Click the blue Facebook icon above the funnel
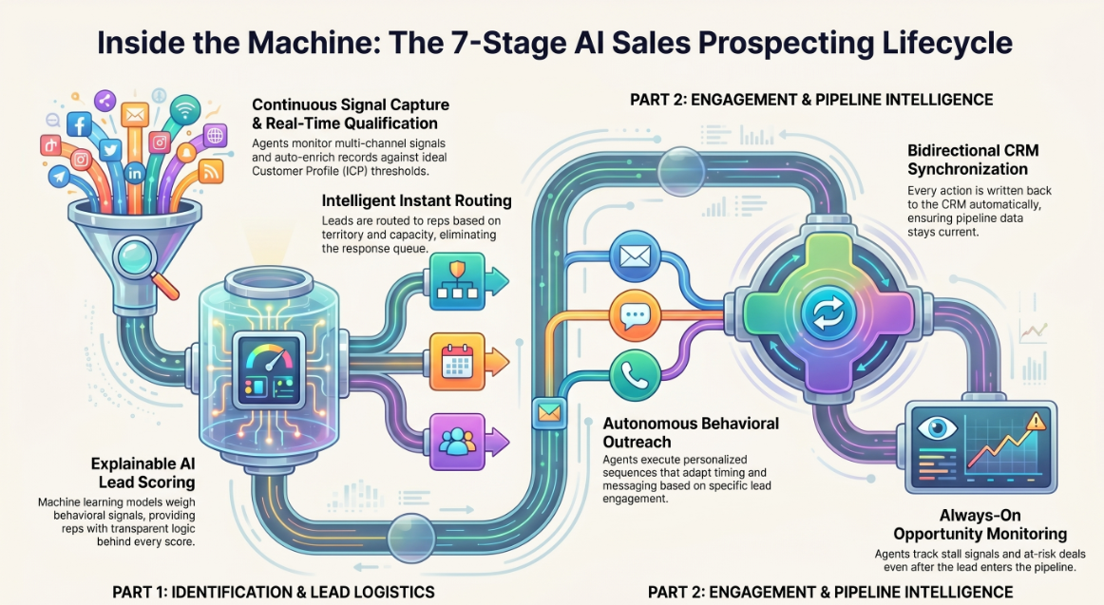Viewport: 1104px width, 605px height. pyautogui.click(x=80, y=125)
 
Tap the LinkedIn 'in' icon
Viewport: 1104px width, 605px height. pyautogui.click(x=134, y=172)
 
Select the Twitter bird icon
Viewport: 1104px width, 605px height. pyautogui.click(x=109, y=150)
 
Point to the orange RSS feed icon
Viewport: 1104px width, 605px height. pyautogui.click(x=210, y=171)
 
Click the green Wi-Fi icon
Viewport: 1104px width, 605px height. pyautogui.click(x=185, y=110)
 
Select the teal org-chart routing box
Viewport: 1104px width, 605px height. pyautogui.click(x=458, y=281)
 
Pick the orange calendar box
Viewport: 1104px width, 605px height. pyautogui.click(x=458, y=362)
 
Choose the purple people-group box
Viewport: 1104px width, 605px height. pyautogui.click(x=458, y=442)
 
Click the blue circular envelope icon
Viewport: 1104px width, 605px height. pyautogui.click(x=635, y=256)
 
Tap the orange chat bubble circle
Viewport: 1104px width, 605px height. pyautogui.click(x=635, y=316)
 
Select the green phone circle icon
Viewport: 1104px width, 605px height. pyautogui.click(x=635, y=376)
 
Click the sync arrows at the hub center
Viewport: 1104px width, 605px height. pyautogui.click(x=828, y=313)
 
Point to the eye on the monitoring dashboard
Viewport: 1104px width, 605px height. pyautogui.click(x=937, y=428)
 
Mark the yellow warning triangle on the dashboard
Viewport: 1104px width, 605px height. pyautogui.click(x=1036, y=422)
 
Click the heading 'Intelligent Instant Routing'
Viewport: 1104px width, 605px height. pyautogui.click(x=417, y=200)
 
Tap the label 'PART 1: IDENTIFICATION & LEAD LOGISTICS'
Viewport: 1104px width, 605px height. pyautogui.click(x=274, y=593)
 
